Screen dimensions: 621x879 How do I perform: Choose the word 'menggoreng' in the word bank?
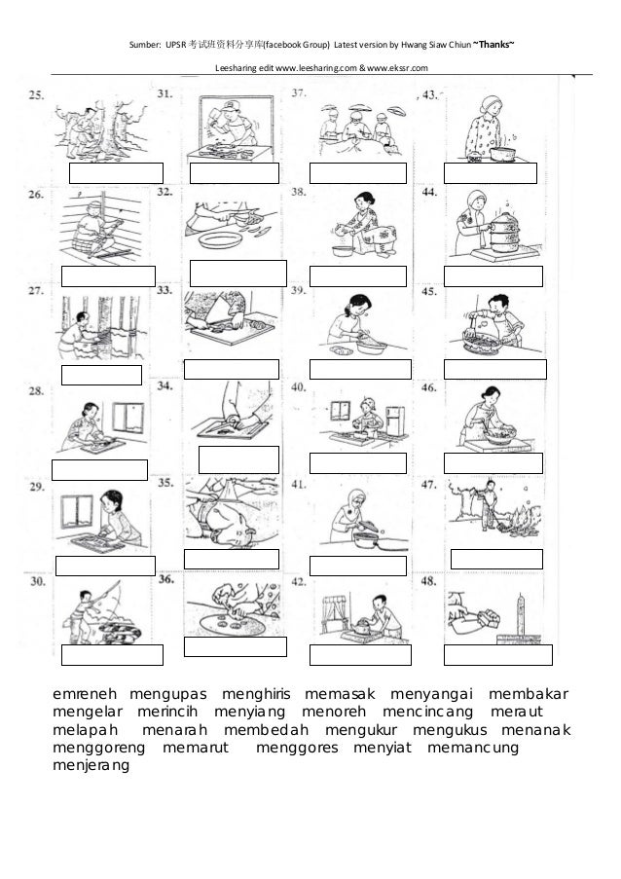tap(98, 747)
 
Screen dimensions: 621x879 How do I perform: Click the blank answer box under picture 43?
tap(490, 173)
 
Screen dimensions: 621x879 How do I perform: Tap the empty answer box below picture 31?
tap(234, 173)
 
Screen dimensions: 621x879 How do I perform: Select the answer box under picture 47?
tap(496, 559)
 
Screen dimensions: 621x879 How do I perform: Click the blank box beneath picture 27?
tap(100, 375)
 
